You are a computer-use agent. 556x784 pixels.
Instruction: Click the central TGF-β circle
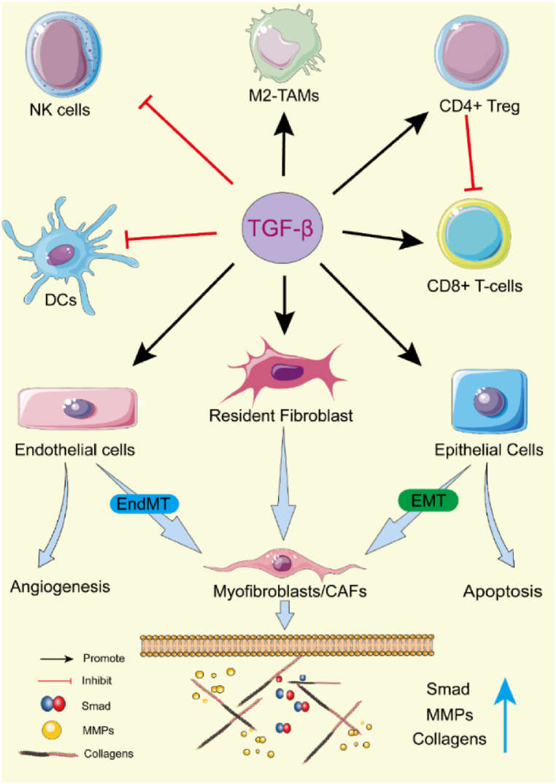point(282,228)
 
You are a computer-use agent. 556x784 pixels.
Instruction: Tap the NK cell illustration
point(63,54)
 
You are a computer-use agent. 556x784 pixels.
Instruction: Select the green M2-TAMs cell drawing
point(283,48)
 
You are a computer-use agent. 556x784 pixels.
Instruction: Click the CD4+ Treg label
point(479,106)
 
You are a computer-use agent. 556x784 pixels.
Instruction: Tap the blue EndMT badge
point(144,503)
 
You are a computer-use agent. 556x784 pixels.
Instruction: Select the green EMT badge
point(428,500)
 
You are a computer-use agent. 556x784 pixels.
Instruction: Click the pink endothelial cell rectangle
point(77,408)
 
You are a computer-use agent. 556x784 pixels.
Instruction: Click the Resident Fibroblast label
point(281,416)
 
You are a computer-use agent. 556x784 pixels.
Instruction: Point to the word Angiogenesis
point(60,586)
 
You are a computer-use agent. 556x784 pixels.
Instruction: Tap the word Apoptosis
point(503,591)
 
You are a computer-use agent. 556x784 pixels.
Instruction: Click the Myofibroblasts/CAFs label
point(290,591)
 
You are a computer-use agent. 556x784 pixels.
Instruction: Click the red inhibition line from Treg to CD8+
point(471,152)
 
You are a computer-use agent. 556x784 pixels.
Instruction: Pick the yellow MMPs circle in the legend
point(52,730)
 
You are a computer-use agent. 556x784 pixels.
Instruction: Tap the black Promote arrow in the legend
point(57,659)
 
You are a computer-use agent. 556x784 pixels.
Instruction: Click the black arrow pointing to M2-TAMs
point(284,144)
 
